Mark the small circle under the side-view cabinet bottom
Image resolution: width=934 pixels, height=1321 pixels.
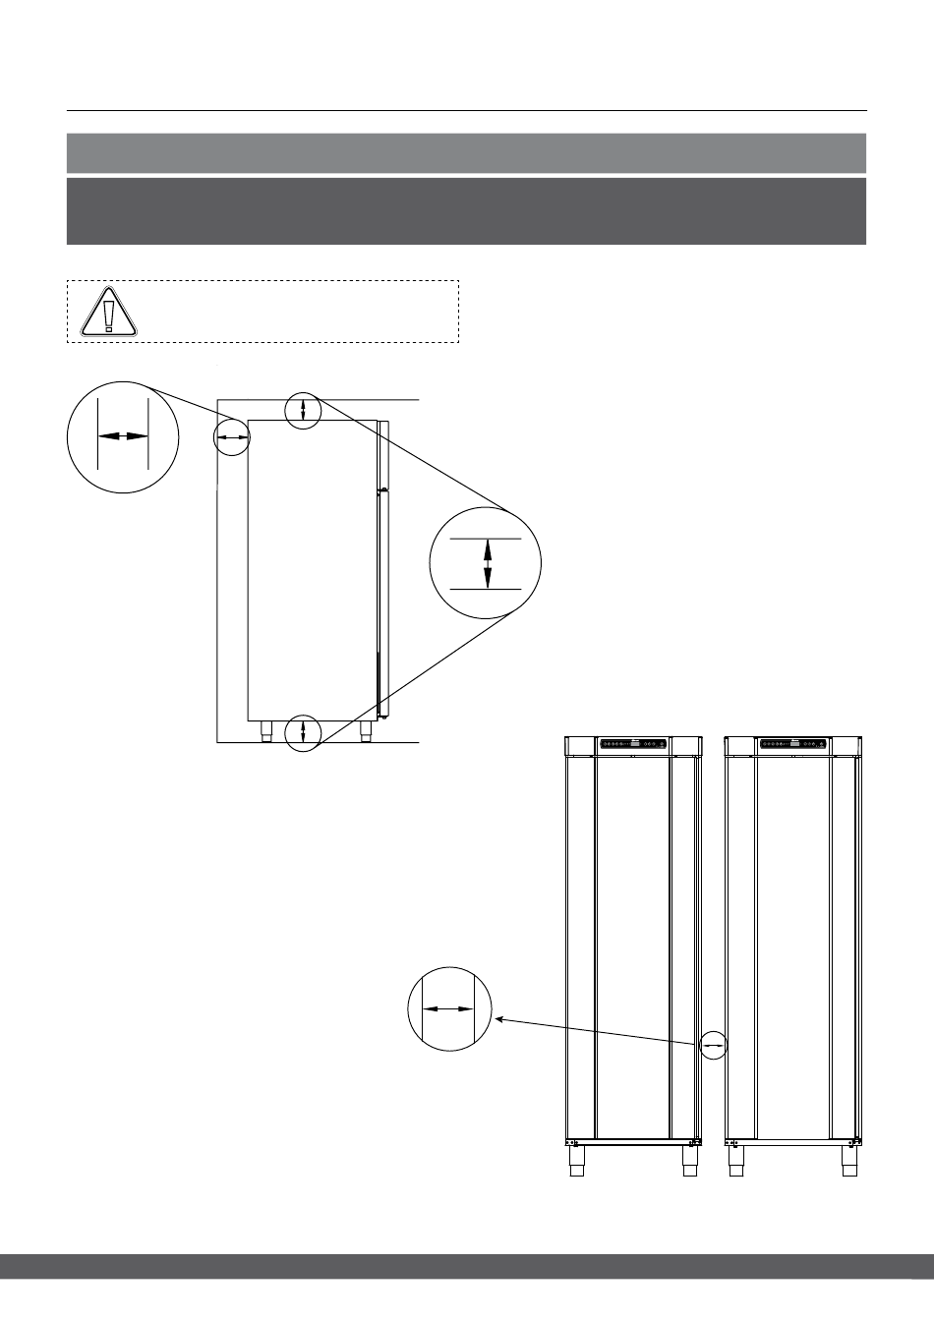point(303,731)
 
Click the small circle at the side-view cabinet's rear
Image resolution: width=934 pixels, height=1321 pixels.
point(233,435)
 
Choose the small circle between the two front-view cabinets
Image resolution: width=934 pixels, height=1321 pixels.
point(714,1046)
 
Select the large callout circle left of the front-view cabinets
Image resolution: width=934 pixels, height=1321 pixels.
point(448,1007)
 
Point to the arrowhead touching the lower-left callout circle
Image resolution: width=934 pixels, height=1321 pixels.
point(499,1020)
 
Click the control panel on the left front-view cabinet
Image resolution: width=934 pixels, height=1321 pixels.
point(633,744)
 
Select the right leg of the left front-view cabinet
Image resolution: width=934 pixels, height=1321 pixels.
point(689,1162)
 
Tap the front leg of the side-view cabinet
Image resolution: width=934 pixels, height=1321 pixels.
point(365,731)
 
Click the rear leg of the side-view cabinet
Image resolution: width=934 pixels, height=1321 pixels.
point(265,731)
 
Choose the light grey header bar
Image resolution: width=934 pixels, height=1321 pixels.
point(466,153)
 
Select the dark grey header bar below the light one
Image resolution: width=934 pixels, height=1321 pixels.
point(466,210)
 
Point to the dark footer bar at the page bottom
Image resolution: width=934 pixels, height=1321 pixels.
point(466,1266)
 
